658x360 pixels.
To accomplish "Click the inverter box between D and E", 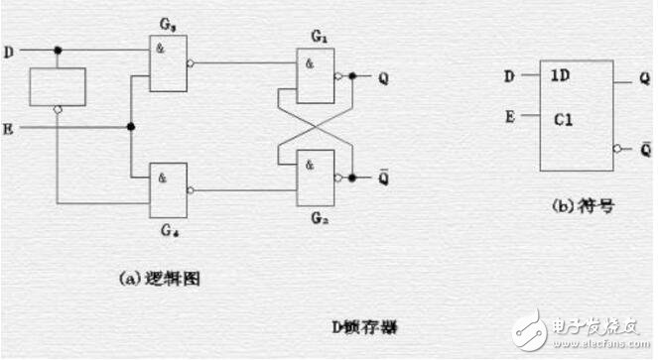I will pyautogui.click(x=58, y=86).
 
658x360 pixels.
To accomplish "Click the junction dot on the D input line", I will pyautogui.click(x=59, y=50).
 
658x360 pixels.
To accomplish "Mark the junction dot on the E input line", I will pyautogui.click(x=130, y=127).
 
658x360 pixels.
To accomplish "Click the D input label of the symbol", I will pyautogui.click(x=510, y=75).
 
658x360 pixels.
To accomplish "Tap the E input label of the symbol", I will pyautogui.click(x=510, y=116).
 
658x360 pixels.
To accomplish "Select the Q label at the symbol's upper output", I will pyautogui.click(x=644, y=76).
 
